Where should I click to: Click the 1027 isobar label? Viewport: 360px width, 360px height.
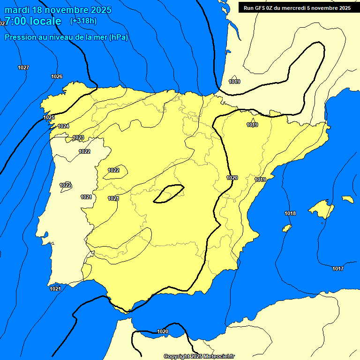click(x=23, y=67)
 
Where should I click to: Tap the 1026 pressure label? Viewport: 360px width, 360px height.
click(x=57, y=76)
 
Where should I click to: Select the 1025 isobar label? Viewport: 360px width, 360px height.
click(x=49, y=117)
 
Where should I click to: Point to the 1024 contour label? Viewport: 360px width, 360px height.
click(x=63, y=126)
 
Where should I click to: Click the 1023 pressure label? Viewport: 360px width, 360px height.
click(x=78, y=137)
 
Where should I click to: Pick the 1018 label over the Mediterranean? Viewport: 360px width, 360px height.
click(x=290, y=214)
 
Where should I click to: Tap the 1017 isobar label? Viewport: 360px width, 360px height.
click(x=337, y=269)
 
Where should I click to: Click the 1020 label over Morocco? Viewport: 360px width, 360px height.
click(x=163, y=331)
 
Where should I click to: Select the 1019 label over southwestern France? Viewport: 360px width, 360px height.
click(x=234, y=82)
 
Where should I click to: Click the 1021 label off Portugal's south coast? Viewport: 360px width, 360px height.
click(x=55, y=289)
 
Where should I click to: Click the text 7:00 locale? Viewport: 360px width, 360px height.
click(x=33, y=21)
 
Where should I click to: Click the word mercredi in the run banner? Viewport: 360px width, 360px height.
click(x=300, y=8)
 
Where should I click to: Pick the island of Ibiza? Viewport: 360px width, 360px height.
click(x=286, y=228)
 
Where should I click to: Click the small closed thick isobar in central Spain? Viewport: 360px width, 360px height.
click(x=169, y=194)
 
